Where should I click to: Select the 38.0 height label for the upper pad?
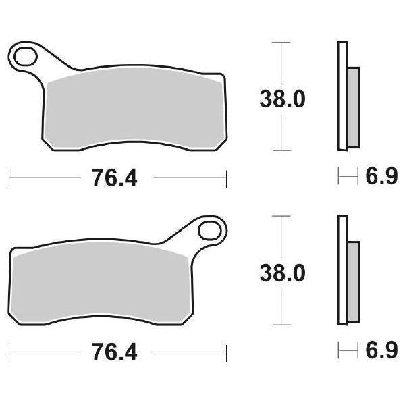283,99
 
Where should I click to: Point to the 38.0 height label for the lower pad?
283,273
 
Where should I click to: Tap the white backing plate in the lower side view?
342,270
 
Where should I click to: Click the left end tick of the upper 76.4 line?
9,179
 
